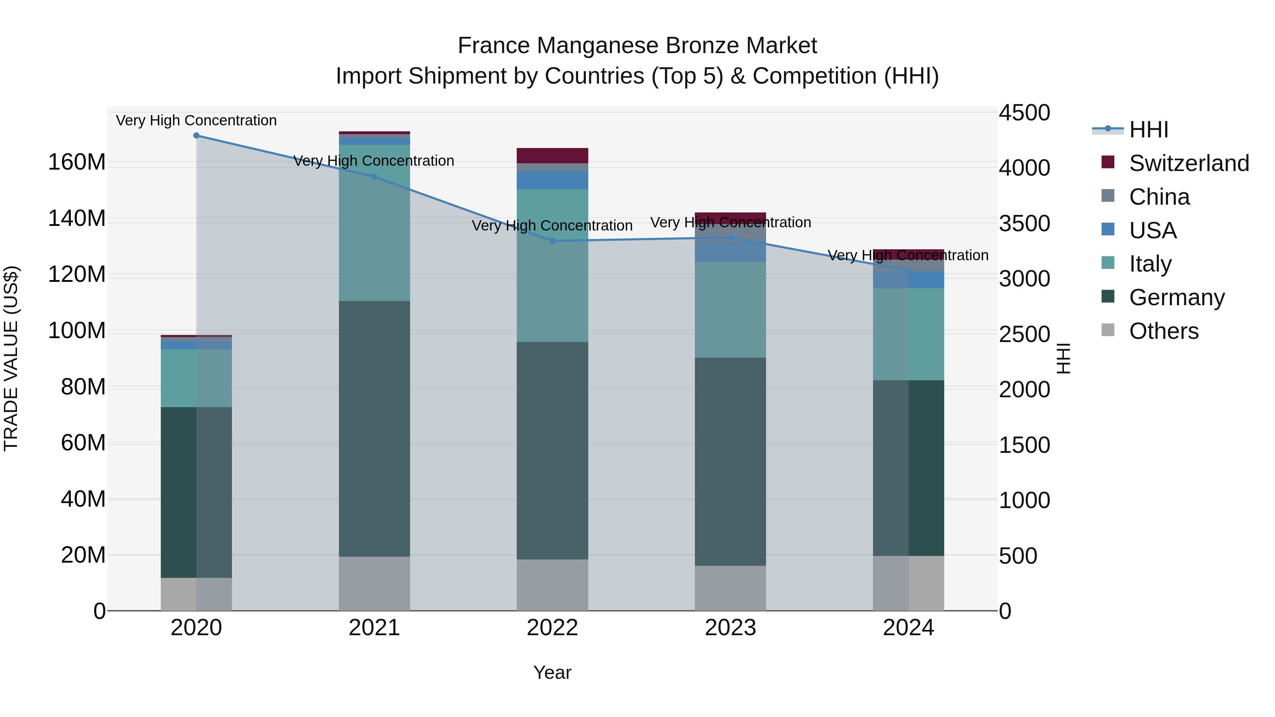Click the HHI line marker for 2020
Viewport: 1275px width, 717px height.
point(197,136)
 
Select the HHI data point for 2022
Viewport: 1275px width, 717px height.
point(552,241)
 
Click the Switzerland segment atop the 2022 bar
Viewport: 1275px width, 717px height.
point(552,155)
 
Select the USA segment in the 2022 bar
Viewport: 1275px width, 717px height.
point(552,180)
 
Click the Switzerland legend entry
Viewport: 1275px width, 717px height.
point(1189,163)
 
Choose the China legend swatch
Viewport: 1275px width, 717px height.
point(1108,196)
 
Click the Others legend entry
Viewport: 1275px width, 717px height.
point(1163,331)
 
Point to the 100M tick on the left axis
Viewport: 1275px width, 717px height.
point(77,331)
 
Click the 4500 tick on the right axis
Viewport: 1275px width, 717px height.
point(1024,113)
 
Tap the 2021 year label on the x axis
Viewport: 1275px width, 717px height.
point(374,628)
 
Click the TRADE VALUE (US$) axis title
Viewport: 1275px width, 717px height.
point(11,358)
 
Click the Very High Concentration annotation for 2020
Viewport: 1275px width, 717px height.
point(197,121)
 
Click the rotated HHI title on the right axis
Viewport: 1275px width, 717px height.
point(1063,358)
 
